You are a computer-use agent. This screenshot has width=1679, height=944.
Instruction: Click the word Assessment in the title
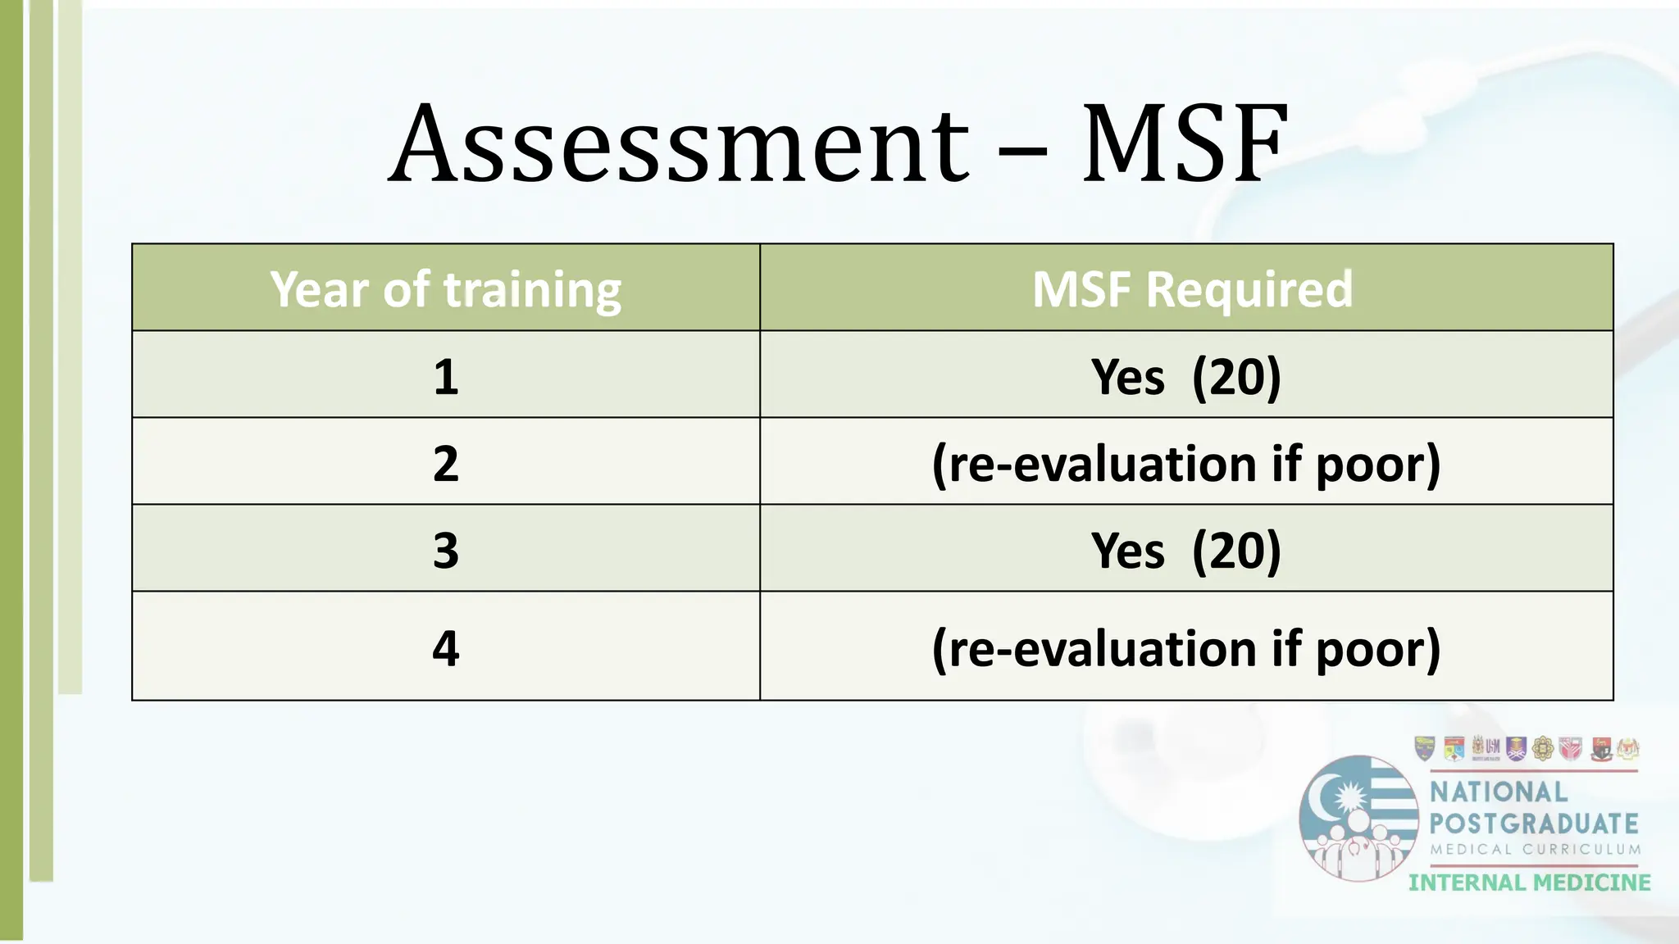[x=679, y=146]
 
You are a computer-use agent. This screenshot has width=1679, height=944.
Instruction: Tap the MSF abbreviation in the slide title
[x=1183, y=146]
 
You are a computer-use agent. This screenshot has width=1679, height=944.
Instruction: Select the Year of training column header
[x=446, y=289]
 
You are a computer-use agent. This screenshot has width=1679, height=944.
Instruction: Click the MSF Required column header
[x=1191, y=289]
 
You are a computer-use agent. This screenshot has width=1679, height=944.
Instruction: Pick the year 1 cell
[x=446, y=377]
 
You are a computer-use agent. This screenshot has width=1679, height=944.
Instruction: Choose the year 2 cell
[x=446, y=464]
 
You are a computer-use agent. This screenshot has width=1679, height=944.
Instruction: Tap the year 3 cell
[x=446, y=550]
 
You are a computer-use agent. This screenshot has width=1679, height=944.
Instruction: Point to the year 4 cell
[x=446, y=648]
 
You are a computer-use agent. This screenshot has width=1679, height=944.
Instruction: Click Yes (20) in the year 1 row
[x=1185, y=377]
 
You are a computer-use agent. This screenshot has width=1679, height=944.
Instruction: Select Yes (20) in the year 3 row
[x=1185, y=550]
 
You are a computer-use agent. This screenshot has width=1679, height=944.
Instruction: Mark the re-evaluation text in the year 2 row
[x=1185, y=464]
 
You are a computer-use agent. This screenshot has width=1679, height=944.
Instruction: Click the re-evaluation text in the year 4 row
[x=1185, y=648]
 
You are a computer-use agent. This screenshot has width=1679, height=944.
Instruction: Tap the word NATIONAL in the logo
[x=1499, y=792]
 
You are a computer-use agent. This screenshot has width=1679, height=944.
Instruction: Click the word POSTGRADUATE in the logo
[x=1534, y=824]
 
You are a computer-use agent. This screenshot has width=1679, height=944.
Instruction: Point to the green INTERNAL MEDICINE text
[x=1530, y=883]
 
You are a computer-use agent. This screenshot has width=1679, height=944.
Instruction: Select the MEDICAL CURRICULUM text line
[x=1536, y=850]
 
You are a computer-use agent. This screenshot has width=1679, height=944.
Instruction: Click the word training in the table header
[x=532, y=290]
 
